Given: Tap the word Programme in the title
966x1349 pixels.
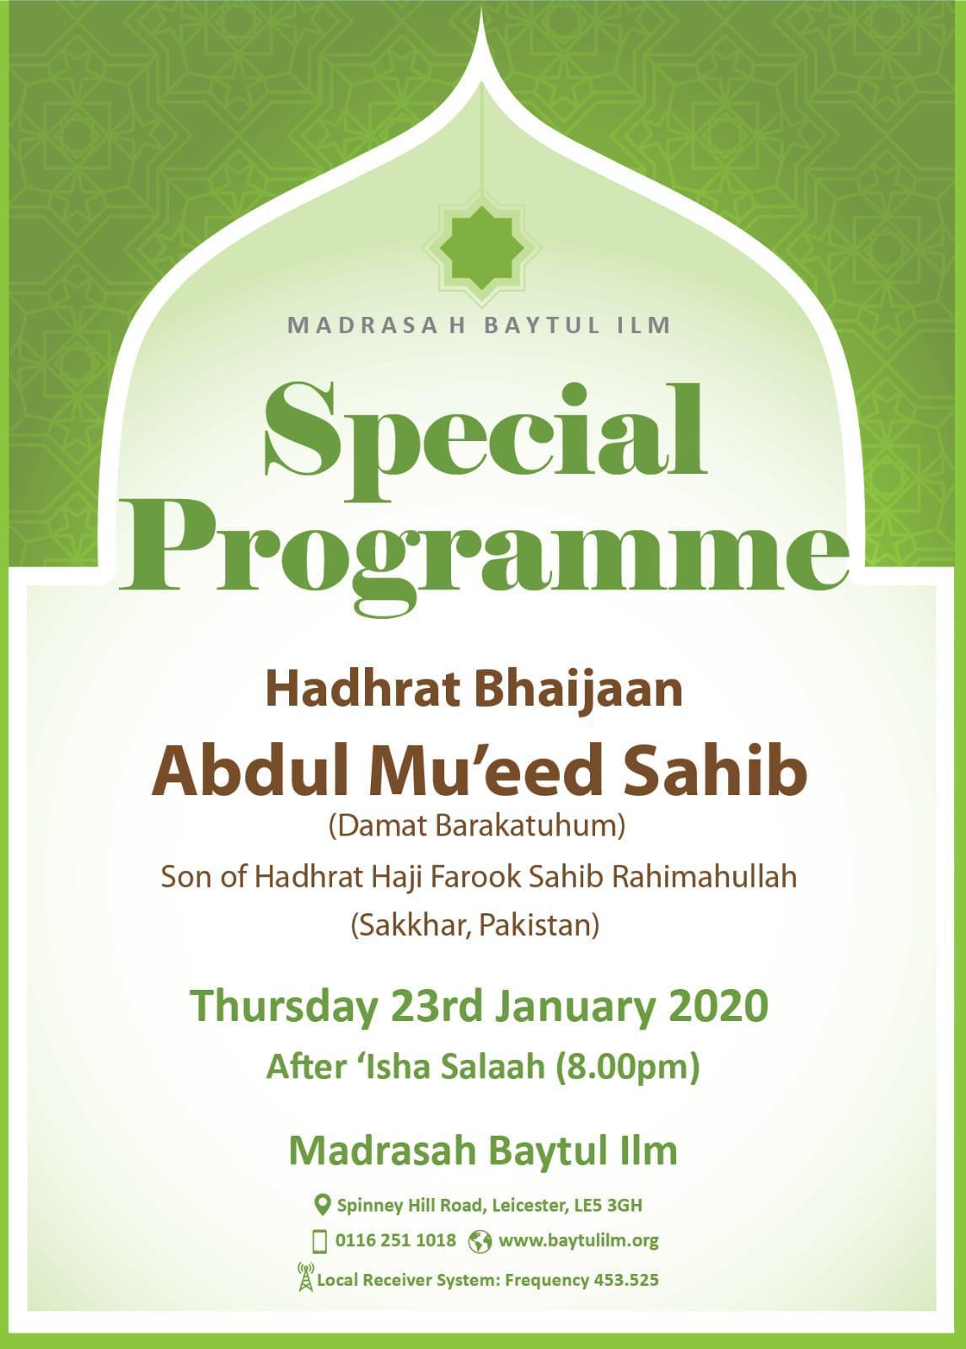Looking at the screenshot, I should point(484,548).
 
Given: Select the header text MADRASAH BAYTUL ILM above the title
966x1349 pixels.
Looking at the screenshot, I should point(479,325).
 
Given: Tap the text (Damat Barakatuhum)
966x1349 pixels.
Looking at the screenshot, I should point(477,825).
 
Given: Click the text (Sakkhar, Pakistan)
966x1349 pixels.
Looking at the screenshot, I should point(475,926).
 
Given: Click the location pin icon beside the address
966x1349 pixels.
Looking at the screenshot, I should point(321,1203).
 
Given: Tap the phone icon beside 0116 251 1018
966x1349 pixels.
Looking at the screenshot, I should point(319,1241).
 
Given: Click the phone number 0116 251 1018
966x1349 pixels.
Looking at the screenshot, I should point(395,1240).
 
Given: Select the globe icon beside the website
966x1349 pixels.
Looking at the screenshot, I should point(480,1241).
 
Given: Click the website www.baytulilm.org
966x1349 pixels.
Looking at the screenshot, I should point(578,1240).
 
